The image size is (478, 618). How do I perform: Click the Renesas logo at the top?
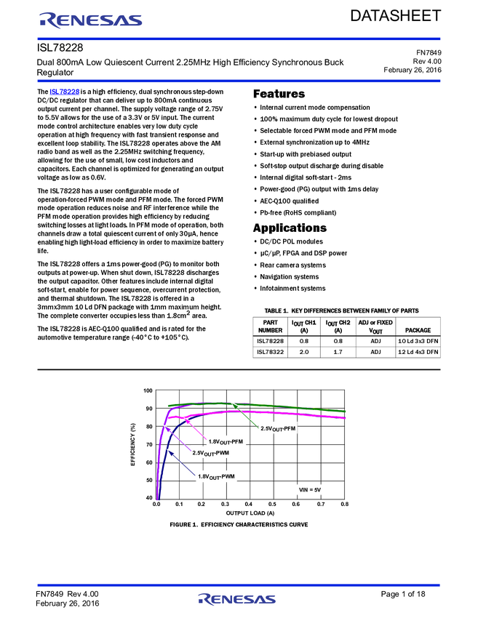(90, 20)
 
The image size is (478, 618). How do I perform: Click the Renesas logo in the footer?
(237, 599)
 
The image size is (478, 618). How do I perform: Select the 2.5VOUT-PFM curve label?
(279, 429)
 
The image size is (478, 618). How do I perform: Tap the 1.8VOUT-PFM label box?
(226, 441)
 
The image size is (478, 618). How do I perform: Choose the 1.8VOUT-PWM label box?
(217, 476)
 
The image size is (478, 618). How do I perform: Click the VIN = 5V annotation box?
(309, 490)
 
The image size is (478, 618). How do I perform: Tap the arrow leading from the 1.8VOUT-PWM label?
(181, 463)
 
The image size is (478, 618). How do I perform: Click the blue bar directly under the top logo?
(239, 39)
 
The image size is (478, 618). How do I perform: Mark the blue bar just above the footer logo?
(239, 585)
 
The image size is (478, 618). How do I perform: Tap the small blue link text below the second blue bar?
(64, 92)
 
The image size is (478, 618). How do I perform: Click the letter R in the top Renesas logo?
(48, 20)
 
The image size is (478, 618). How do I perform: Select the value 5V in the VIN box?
(316, 490)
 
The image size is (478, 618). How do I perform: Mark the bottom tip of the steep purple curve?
(156, 499)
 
